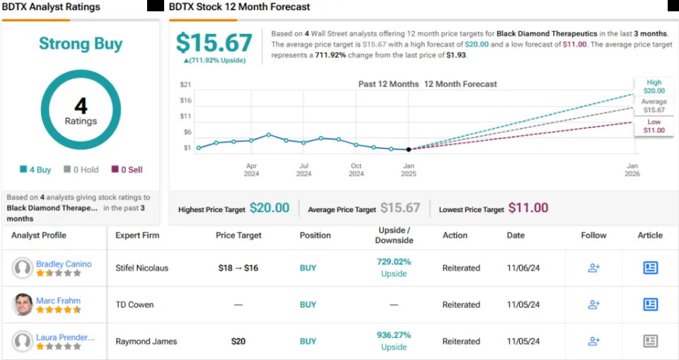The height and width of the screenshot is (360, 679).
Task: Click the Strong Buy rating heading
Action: (x=81, y=44)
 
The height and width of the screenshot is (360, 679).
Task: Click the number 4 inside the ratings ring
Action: (x=81, y=107)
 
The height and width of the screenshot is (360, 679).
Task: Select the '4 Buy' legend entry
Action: (x=35, y=170)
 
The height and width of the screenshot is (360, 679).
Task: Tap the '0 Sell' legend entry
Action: (x=127, y=170)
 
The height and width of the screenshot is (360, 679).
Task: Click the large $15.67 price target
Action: (x=214, y=42)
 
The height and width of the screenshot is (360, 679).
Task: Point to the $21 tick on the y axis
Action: (x=187, y=85)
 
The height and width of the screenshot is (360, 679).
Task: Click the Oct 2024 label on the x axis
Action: (x=356, y=170)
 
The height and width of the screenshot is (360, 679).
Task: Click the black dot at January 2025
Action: (x=409, y=149)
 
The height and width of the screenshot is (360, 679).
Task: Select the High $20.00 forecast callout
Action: (x=654, y=86)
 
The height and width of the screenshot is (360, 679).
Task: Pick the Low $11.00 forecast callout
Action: (x=654, y=126)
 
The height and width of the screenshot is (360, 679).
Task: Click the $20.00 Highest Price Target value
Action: (x=269, y=208)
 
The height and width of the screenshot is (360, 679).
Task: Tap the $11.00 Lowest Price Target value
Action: (x=528, y=208)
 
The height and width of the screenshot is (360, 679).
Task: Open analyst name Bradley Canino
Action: (x=64, y=264)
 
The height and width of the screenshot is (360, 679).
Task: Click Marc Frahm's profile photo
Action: (x=23, y=305)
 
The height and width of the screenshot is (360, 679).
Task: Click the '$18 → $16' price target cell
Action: (x=238, y=268)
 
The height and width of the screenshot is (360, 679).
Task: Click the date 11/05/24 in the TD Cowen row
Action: (x=523, y=305)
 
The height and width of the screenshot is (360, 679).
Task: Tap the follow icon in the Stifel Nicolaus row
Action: (x=594, y=268)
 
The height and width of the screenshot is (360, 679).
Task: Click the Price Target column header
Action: (x=238, y=236)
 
